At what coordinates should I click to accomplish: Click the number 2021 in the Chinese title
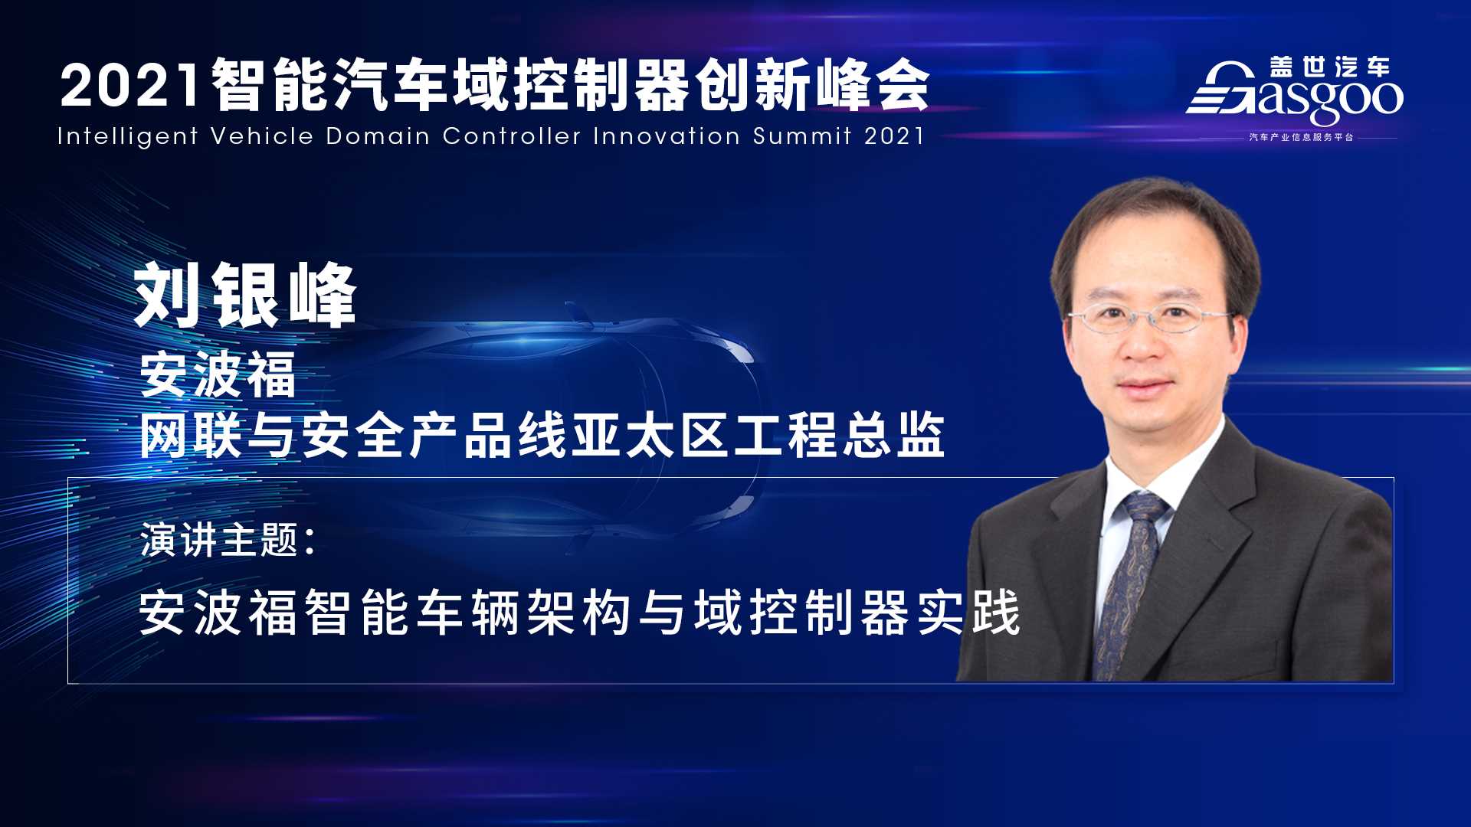pyautogui.click(x=131, y=85)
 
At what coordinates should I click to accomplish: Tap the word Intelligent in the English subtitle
pyautogui.click(x=128, y=137)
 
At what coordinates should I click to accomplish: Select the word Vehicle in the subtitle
pyautogui.click(x=262, y=136)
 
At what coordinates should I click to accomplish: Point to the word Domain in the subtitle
pyautogui.click(x=378, y=136)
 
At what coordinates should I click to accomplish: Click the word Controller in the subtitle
pyautogui.click(x=512, y=136)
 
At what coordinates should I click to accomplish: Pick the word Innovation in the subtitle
pyautogui.click(x=667, y=136)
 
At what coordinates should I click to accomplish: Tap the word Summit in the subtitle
pyautogui.click(x=802, y=136)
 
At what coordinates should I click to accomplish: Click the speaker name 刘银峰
pyautogui.click(x=245, y=296)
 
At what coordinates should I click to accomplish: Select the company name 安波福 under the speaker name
pyautogui.click(x=218, y=374)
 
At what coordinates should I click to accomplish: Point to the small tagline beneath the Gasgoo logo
pyautogui.click(x=1301, y=137)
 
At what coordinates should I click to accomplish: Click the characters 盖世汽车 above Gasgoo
pyautogui.click(x=1329, y=67)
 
